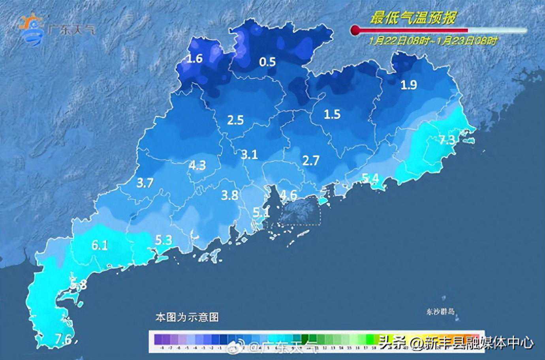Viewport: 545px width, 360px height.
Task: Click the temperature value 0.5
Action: tap(267, 62)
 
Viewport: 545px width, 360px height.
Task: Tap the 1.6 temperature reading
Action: tap(194, 59)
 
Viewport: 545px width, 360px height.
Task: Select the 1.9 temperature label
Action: tap(409, 84)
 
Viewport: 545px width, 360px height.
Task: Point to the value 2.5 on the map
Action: tap(235, 120)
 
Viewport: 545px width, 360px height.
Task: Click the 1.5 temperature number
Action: tap(332, 114)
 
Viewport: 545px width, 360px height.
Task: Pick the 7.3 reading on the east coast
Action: tap(447, 139)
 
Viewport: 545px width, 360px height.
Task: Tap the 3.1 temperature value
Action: tap(250, 154)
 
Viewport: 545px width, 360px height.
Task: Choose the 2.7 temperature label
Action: tap(311, 160)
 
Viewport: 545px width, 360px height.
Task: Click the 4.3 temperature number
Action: tap(197, 165)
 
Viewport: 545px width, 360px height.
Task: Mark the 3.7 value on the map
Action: tap(145, 183)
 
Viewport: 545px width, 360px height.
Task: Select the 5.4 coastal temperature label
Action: tap(371, 178)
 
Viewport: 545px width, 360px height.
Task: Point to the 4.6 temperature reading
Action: tap(288, 195)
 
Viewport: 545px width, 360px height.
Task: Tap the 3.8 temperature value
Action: tap(229, 195)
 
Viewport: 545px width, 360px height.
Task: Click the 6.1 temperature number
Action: tap(100, 246)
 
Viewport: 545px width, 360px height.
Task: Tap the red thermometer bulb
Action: tap(355, 30)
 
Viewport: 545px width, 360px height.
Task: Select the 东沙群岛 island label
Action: tap(441, 311)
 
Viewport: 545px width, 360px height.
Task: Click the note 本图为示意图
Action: tap(187, 317)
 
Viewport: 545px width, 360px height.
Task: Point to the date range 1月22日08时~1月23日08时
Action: tap(433, 40)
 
